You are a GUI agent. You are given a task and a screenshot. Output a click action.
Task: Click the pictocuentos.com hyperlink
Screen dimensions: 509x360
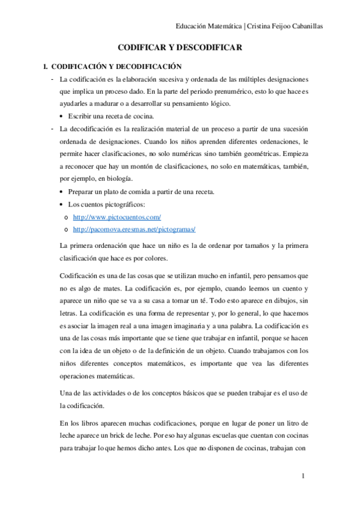tap(117, 216)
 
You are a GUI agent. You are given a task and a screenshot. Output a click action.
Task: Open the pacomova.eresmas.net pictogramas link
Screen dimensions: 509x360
tap(134, 229)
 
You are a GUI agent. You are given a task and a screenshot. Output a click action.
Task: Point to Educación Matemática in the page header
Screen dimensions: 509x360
tap(209, 26)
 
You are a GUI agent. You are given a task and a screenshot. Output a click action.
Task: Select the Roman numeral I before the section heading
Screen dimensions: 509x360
tap(38, 66)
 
